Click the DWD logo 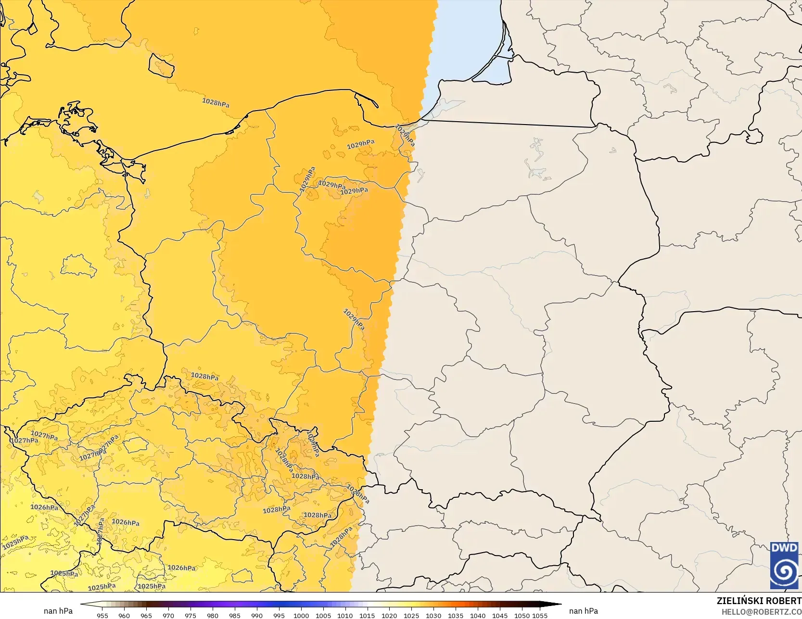(784, 565)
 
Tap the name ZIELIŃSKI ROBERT (759, 601)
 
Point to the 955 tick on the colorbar (102, 615)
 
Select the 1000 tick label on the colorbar (301, 615)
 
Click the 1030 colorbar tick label (433, 615)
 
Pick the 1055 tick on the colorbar (540, 615)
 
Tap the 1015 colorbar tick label (367, 615)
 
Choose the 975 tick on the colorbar (191, 615)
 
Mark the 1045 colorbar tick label (500, 615)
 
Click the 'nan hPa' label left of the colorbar (58, 611)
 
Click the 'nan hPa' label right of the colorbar (583, 611)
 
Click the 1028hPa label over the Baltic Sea (216, 102)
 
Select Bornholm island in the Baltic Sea (161, 65)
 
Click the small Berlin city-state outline (78, 266)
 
